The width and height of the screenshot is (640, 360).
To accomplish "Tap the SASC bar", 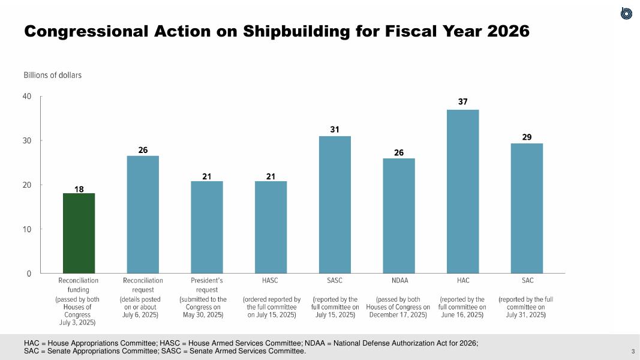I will tap(335, 204).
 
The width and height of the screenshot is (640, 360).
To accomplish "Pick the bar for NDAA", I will tap(398, 215).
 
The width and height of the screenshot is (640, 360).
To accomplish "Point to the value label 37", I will tap(462, 102).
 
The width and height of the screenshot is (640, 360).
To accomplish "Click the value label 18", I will tap(79, 189).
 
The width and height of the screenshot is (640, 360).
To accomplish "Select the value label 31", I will tap(335, 129).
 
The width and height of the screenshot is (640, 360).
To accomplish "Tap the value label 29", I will tap(527, 137).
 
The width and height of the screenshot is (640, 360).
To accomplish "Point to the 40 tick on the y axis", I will tap(28, 97).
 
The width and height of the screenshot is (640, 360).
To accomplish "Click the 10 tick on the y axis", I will tap(28, 229).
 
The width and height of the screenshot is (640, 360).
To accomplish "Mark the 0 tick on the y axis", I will tap(29, 274).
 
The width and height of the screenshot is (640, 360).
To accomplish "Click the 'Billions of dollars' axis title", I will tap(53, 76).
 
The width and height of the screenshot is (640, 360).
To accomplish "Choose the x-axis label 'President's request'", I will tap(207, 285).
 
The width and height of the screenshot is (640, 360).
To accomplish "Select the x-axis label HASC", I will tap(271, 280).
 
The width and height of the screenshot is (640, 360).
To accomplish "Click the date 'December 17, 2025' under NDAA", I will tap(398, 314).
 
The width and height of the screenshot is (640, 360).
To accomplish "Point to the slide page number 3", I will tap(633, 351).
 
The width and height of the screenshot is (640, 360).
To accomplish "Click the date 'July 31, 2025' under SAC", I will tap(526, 314).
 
